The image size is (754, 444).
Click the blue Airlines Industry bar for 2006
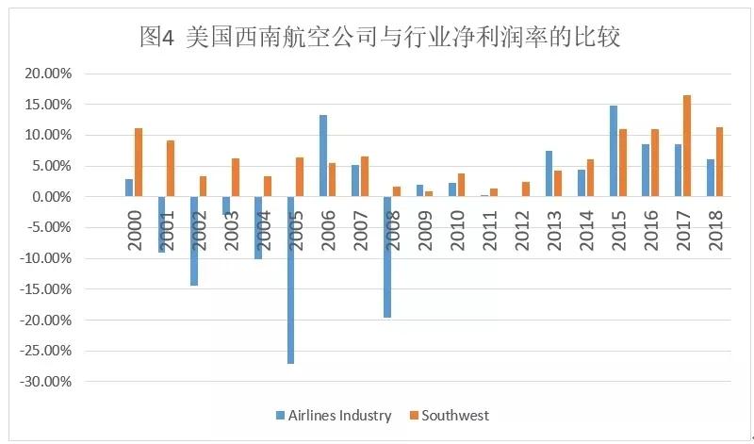click(x=323, y=156)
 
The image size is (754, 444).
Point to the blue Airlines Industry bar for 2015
click(x=614, y=151)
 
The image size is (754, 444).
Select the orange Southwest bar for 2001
click(x=171, y=169)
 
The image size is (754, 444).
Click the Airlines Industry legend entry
click(x=334, y=415)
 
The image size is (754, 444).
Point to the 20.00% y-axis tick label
click(x=46, y=74)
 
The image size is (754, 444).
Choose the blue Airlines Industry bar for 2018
click(x=711, y=178)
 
